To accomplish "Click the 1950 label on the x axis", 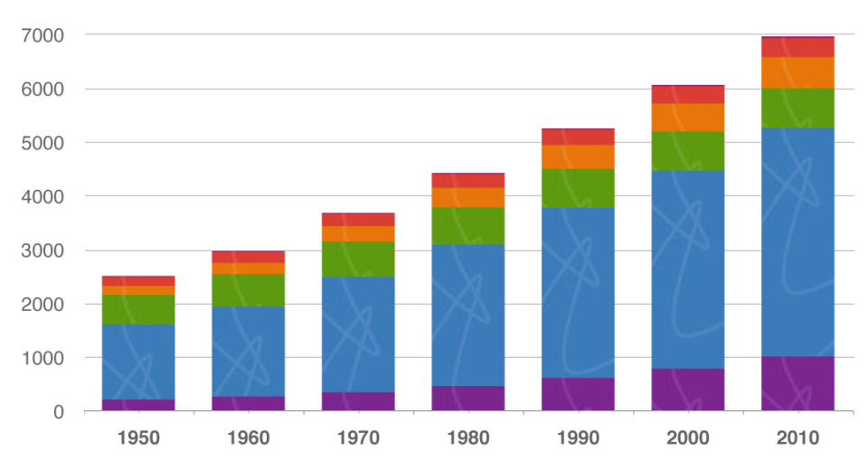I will [x=138, y=438].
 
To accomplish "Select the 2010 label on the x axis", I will [x=797, y=438].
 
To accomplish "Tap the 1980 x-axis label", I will [x=468, y=438].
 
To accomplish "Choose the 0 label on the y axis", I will [x=58, y=411].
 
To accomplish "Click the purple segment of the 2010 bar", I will [x=797, y=383].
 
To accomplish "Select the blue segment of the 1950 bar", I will [x=138, y=362].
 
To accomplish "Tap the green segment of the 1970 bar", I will [x=358, y=259].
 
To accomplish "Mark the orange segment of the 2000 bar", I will [x=688, y=118].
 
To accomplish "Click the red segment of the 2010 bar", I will [x=797, y=47].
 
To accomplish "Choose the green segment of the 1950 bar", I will [x=138, y=309].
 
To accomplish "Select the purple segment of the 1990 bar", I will [x=578, y=394].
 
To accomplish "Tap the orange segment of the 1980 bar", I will [x=468, y=197].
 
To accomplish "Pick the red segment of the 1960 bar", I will [x=249, y=257].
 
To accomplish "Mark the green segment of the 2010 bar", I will [x=797, y=108].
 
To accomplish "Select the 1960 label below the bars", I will [x=249, y=438].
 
